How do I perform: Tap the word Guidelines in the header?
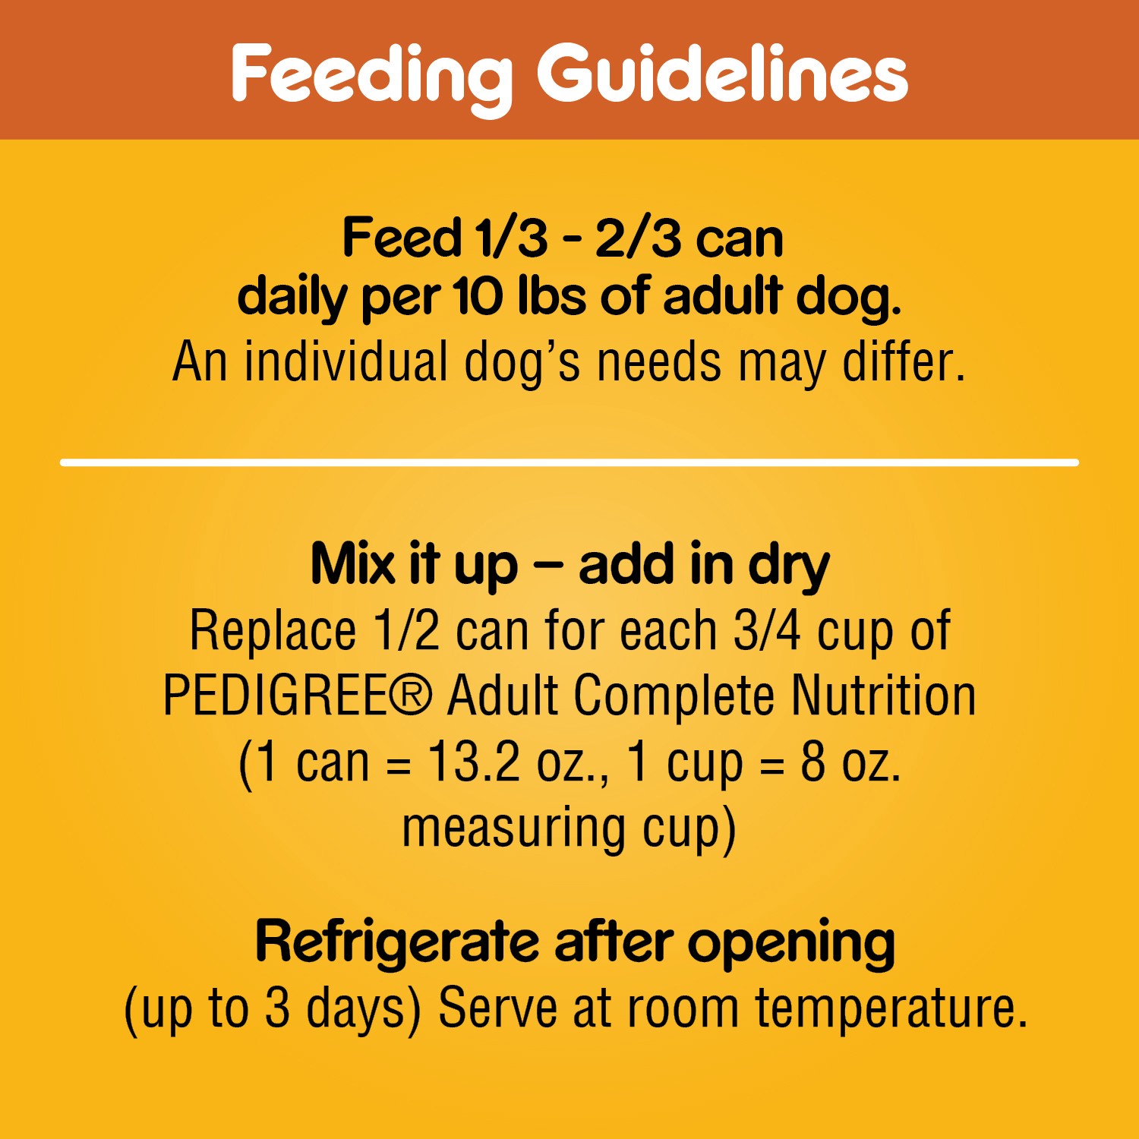[x=722, y=74]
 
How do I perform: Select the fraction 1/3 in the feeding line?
[x=510, y=238]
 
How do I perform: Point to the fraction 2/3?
[x=638, y=238]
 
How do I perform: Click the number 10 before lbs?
[x=478, y=296]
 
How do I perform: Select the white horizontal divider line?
[x=569, y=462]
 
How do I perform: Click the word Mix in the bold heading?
[x=353, y=565]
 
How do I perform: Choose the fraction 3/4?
[x=766, y=630]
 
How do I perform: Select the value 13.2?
[x=474, y=762]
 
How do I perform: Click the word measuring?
[x=513, y=828]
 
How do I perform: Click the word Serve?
[x=498, y=1008]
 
